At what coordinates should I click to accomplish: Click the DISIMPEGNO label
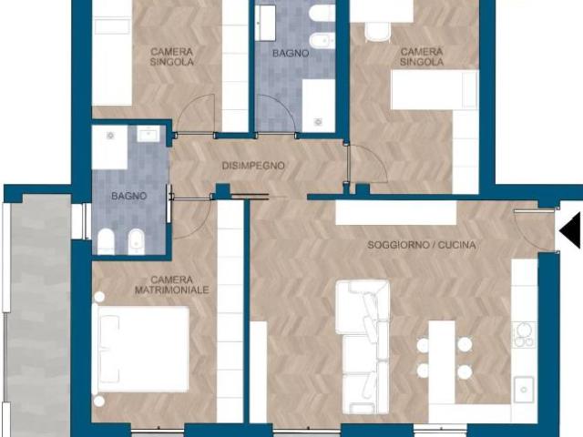(x=253, y=166)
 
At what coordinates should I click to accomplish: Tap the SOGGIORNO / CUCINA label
(x=422, y=245)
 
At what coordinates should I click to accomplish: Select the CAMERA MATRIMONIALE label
(x=172, y=285)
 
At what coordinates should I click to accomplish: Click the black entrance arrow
(x=570, y=230)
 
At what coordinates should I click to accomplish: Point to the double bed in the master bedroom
(x=142, y=349)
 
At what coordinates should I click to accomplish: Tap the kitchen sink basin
(x=524, y=390)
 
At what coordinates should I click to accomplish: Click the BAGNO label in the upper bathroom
(x=291, y=54)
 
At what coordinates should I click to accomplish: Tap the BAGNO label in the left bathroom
(x=129, y=196)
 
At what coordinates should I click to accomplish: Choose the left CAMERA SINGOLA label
(x=172, y=56)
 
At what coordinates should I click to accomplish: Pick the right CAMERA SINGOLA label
(x=422, y=56)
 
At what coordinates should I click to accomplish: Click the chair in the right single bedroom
(x=377, y=32)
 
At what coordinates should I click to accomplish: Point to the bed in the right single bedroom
(x=435, y=90)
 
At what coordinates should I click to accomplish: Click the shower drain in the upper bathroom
(x=318, y=122)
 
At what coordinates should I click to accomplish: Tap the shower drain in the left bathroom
(x=110, y=136)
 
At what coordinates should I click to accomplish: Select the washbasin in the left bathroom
(x=148, y=134)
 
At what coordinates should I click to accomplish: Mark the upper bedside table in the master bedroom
(x=99, y=297)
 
